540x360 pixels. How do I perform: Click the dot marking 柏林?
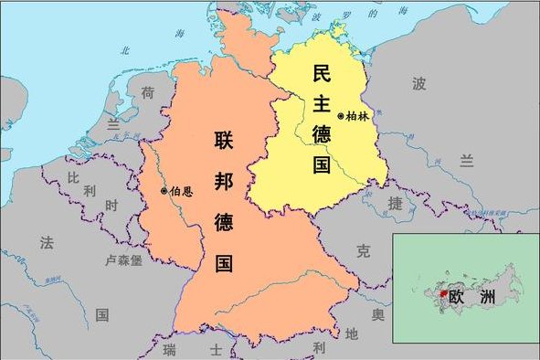341,116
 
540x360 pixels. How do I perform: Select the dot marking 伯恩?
164,191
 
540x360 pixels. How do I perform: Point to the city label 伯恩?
181,191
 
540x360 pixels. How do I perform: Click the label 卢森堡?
125,259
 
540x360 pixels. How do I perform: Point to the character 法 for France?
47,242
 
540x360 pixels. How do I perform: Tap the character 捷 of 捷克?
395,203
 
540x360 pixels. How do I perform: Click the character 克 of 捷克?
364,249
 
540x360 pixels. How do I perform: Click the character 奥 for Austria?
377,314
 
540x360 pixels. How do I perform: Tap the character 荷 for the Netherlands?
147,91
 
